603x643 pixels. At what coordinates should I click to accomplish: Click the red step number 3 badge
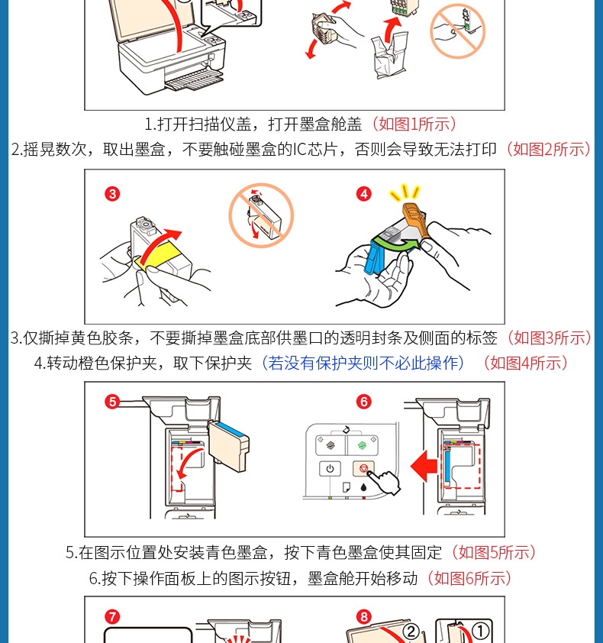point(112,194)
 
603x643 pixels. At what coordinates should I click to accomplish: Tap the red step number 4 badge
point(363,194)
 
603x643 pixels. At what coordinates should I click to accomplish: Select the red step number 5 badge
point(112,402)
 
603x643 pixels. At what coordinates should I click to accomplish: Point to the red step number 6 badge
point(363,402)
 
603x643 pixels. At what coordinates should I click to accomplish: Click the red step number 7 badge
point(112,617)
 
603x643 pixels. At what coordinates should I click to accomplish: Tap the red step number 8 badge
point(363,617)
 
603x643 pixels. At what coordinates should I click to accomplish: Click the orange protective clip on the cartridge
point(416,218)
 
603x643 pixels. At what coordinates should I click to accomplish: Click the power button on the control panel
point(330,468)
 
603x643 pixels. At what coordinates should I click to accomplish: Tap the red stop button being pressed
point(363,468)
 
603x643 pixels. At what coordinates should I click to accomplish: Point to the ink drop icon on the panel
point(363,487)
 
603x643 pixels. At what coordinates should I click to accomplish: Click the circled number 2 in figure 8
point(411,632)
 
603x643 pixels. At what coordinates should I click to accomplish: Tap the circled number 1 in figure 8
point(480,632)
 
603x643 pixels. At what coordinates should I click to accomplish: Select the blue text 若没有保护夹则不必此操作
point(363,363)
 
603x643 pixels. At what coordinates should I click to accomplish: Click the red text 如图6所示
point(469,578)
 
